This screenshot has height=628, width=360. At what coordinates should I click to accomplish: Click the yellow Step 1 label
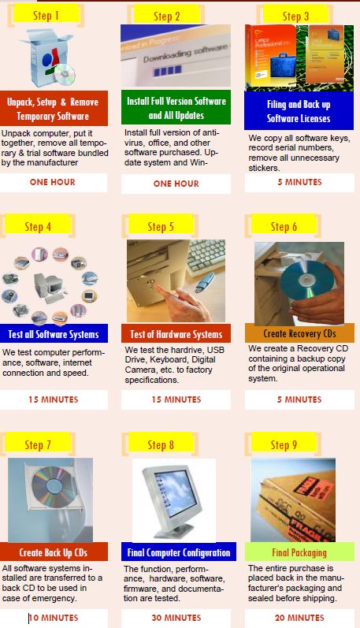point(46,15)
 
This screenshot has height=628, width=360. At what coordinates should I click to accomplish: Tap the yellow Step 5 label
point(161,227)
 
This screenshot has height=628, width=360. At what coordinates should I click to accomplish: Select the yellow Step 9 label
point(284,445)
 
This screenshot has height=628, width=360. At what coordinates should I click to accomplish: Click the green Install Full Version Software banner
point(176,108)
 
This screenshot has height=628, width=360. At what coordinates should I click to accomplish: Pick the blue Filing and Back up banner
point(299,111)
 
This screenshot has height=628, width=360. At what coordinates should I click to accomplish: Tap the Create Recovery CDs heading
point(299,333)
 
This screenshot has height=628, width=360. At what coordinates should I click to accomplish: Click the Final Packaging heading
point(299,552)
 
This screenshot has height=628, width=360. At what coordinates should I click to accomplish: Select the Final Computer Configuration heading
point(179,552)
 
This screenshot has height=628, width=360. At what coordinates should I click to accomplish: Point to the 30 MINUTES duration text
point(176,618)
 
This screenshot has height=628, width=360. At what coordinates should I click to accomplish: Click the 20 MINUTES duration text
point(299,618)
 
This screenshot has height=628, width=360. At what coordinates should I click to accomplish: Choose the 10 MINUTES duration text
point(54,618)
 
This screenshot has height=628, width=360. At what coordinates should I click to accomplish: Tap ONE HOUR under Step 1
point(53,182)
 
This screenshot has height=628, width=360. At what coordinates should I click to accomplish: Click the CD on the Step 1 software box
point(65,74)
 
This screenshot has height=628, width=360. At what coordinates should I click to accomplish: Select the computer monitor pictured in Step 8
point(173,499)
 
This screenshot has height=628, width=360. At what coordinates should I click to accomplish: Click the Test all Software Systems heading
point(54,333)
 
